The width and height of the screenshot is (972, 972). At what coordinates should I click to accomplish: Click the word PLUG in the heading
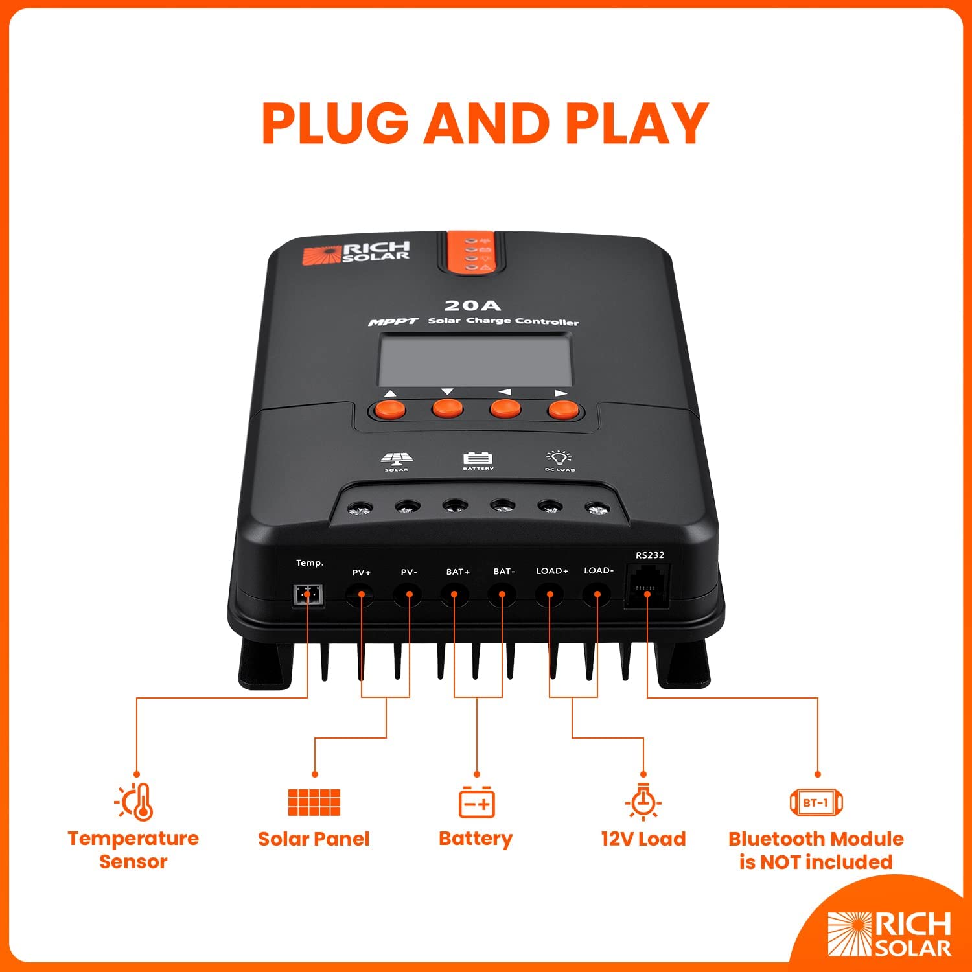tap(335, 123)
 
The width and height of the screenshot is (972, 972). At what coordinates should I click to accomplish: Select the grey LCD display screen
tap(475, 360)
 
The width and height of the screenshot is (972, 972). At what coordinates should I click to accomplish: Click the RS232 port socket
tap(647, 586)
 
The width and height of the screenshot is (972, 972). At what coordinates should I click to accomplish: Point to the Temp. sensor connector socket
tap(308, 594)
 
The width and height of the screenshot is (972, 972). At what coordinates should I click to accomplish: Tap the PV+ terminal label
tap(362, 572)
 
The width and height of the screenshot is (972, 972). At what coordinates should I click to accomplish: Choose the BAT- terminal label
tap(503, 572)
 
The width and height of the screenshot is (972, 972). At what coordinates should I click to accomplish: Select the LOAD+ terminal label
tap(552, 571)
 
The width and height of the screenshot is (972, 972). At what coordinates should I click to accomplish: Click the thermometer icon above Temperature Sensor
tap(135, 802)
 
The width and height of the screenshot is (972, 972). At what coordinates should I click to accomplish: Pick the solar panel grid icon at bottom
tap(314, 802)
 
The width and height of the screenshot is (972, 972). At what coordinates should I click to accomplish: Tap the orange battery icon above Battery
tap(477, 802)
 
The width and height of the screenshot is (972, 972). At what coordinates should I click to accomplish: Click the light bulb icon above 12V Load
tap(643, 802)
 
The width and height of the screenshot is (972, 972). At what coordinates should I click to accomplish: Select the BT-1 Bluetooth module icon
tap(816, 802)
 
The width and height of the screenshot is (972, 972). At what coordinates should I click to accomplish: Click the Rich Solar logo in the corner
tap(889, 934)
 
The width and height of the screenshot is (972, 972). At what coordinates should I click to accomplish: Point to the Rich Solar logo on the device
tap(356, 253)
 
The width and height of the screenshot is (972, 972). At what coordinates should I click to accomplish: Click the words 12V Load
tap(643, 839)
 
